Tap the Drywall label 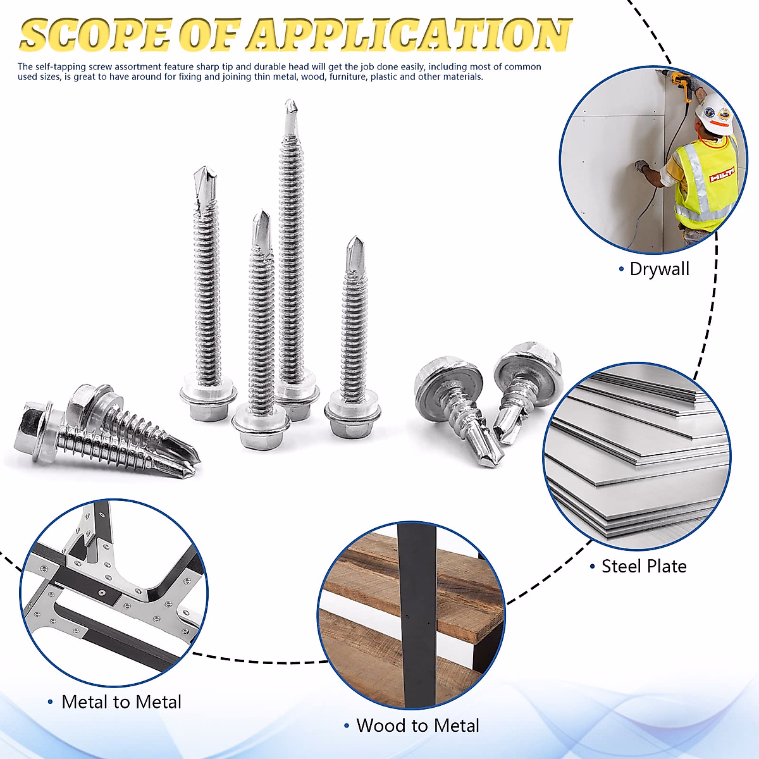click(659, 269)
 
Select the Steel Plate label click(644, 566)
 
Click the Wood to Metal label click(417, 725)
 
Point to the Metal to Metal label click(121, 702)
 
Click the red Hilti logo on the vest click(721, 175)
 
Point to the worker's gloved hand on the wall click(642, 166)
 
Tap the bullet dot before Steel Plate click(593, 567)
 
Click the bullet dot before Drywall click(621, 269)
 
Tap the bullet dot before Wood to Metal click(347, 726)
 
